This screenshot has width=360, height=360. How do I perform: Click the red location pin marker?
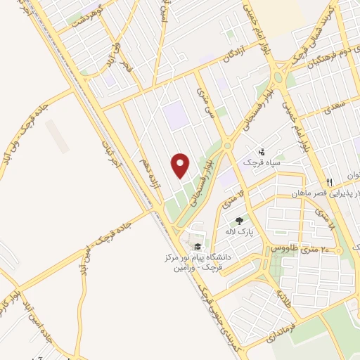pos(181,166)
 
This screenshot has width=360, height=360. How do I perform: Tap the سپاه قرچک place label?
pos(262,162)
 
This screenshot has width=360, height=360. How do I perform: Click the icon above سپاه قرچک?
pos(262,150)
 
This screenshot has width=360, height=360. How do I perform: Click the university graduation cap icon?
pos(198,245)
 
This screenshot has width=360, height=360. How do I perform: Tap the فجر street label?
pos(127,68)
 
